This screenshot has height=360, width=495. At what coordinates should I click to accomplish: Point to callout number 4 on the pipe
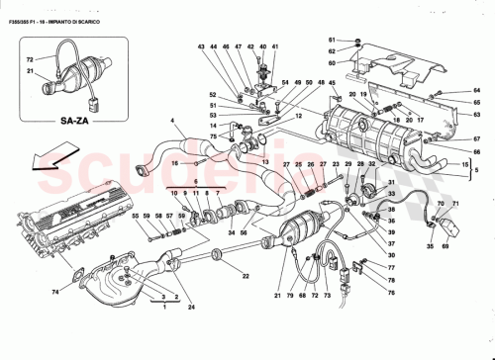coord(171,121)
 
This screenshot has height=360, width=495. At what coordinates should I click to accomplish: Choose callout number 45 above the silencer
coord(332,83)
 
